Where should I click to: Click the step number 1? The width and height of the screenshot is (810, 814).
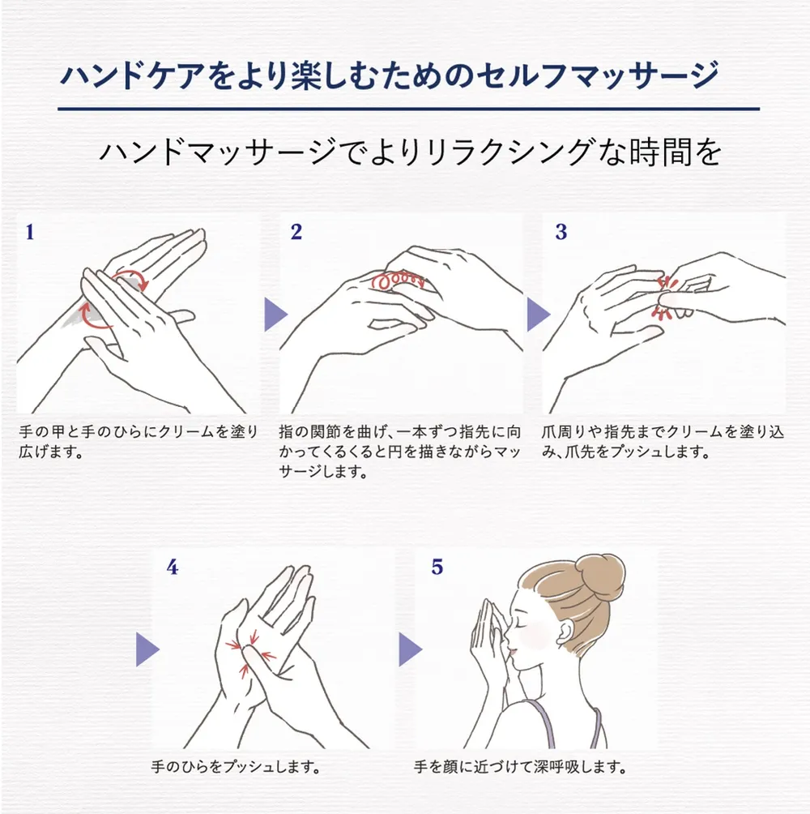pyautogui.click(x=30, y=233)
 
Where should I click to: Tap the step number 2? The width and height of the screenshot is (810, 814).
pyautogui.click(x=296, y=233)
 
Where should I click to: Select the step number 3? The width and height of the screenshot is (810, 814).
pyautogui.click(x=561, y=233)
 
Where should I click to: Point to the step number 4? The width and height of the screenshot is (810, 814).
pyautogui.click(x=172, y=568)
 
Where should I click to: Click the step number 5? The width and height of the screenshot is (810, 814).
pyautogui.click(x=437, y=568)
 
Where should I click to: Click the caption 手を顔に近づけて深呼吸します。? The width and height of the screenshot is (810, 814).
pyautogui.click(x=519, y=765)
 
